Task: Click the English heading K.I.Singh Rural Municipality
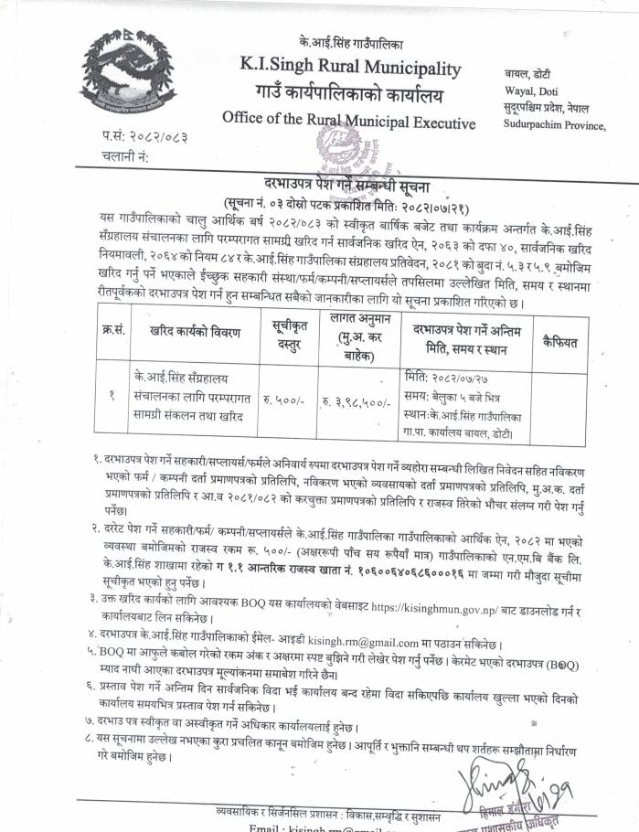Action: [x=351, y=68]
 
